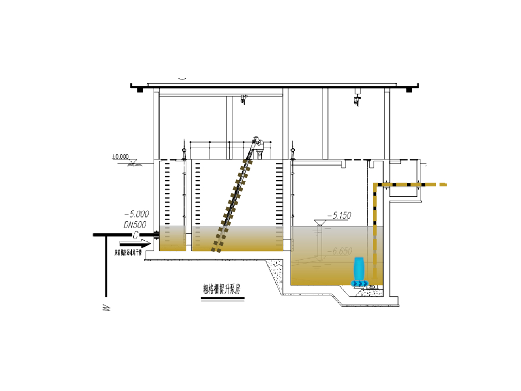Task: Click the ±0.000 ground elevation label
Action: point(121,157)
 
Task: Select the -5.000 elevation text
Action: point(136,214)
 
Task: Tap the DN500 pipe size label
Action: point(136,224)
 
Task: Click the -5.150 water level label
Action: point(339,216)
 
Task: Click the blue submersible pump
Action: point(359,268)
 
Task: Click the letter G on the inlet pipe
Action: point(136,235)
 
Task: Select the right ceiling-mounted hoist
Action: point(357,98)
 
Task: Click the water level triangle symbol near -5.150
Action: point(320,222)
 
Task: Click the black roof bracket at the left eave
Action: point(138,90)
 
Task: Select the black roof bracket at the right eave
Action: point(409,90)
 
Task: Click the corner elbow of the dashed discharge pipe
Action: point(376,184)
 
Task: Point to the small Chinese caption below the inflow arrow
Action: point(128,252)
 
